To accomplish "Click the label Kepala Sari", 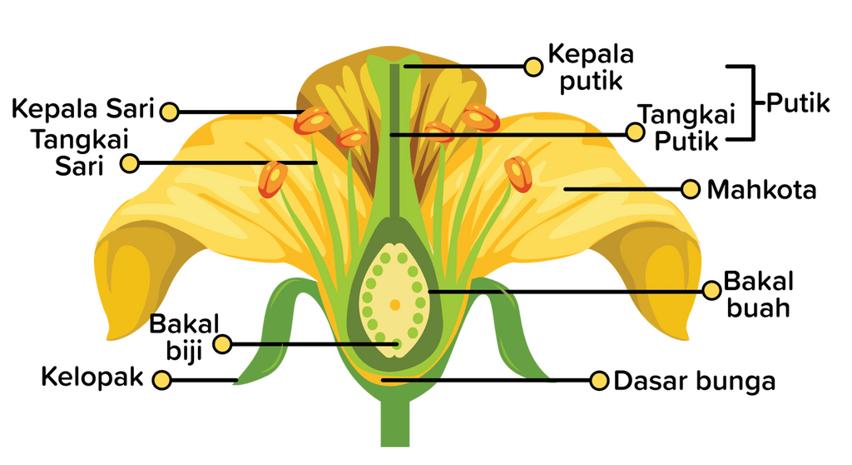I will (82, 109).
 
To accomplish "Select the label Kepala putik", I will (590, 67).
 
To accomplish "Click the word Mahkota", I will (761, 190).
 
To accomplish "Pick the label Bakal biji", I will (184, 337).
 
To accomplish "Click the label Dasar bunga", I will (694, 382).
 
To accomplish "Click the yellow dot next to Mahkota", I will (690, 190).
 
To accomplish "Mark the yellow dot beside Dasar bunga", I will (598, 382).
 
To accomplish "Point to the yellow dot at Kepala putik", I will (532, 65).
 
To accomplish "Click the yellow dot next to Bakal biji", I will (222, 344).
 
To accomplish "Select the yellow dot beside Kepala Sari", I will (170, 111).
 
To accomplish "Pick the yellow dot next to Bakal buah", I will (711, 290).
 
